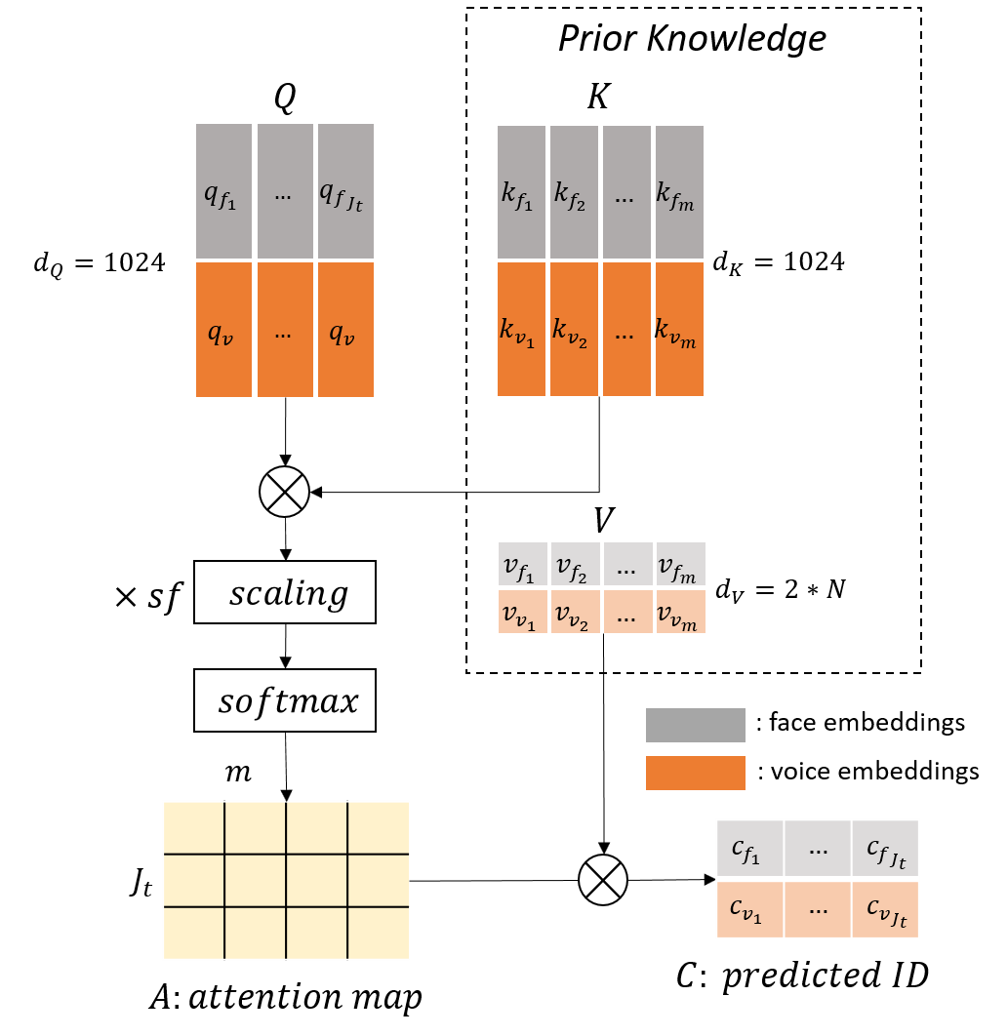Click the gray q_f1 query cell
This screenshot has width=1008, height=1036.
tap(223, 191)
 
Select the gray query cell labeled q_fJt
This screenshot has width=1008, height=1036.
tap(345, 191)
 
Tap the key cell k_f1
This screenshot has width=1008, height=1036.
tap(521, 192)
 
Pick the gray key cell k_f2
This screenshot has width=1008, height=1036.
tap(574, 192)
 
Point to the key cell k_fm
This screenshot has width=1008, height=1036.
tap(679, 192)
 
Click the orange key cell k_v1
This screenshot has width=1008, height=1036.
tap(521, 329)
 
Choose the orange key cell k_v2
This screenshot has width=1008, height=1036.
tap(574, 329)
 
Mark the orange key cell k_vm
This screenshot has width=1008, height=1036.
tap(679, 329)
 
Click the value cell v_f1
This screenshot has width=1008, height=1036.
tap(522, 564)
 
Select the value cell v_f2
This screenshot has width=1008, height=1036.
tap(575, 564)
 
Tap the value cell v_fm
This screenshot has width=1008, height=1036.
tap(680, 564)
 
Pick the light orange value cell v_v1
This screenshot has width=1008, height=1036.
tap(522, 612)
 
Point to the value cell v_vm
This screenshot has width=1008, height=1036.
tap(680, 612)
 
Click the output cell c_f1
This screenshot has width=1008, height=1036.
tap(749, 849)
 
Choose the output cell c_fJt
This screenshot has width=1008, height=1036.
tap(885, 849)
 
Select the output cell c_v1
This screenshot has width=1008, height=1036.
tap(749, 909)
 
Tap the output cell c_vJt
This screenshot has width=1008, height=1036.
tap(885, 909)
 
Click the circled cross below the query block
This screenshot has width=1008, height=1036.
tap(284, 492)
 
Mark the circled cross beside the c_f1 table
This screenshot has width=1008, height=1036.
tap(603, 880)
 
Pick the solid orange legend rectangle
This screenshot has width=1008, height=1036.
tap(696, 773)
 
